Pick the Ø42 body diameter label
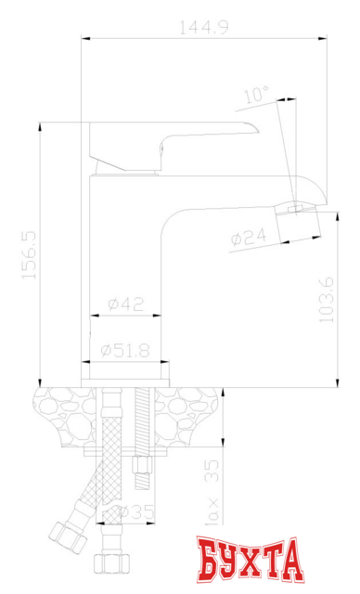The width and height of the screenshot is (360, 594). pos(124,303)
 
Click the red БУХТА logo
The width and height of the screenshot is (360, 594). pos(250,561)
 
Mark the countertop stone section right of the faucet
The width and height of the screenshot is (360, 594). pos(190,413)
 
